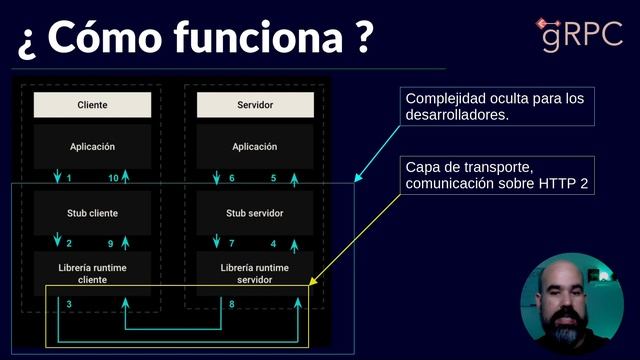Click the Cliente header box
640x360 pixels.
click(x=92, y=105)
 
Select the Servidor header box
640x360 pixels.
click(x=255, y=105)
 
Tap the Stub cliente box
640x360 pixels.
click(x=92, y=213)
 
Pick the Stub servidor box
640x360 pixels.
click(x=255, y=213)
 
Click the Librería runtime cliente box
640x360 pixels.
click(x=92, y=273)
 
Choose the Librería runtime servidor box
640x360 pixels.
click(x=255, y=273)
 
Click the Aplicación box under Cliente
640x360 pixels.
click(x=92, y=147)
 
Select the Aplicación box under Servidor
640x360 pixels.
click(x=255, y=147)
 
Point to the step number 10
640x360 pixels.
click(x=113, y=178)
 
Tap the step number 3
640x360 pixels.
click(x=69, y=304)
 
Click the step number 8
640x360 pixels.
click(x=232, y=304)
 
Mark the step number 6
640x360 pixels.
click(x=232, y=178)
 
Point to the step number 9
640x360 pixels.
click(x=111, y=244)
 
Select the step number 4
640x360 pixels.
click(x=274, y=244)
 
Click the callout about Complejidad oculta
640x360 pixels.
click(x=494, y=107)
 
